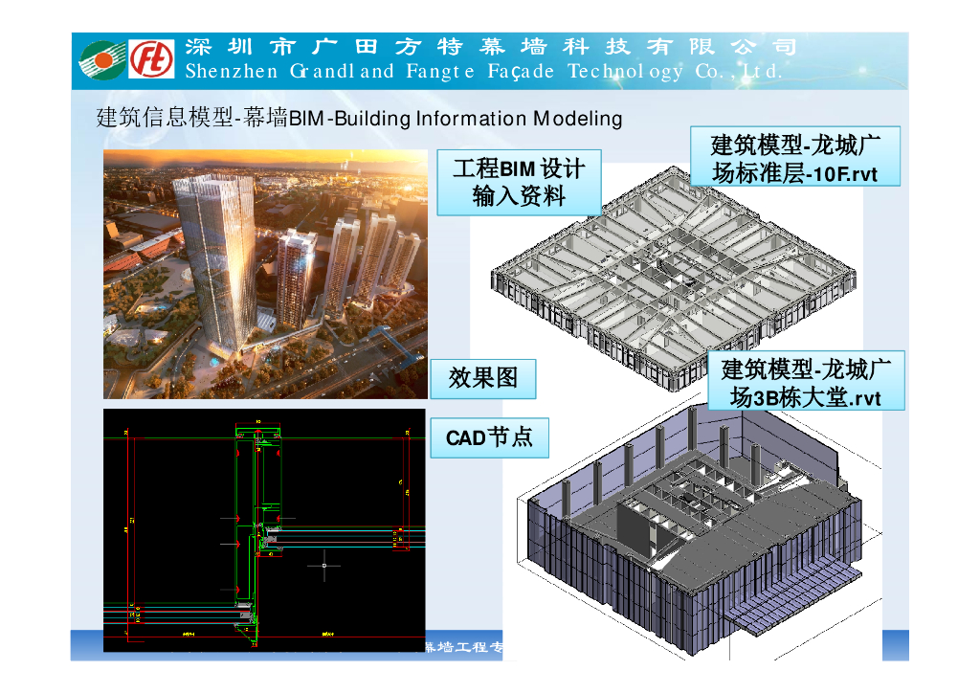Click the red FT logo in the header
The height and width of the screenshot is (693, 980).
coord(152,59)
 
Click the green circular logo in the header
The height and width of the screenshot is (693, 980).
coord(101,59)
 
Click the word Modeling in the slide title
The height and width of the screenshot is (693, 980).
coord(577,119)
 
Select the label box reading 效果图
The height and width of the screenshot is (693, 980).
coord(483,379)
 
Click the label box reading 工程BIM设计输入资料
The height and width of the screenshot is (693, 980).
coord(519,182)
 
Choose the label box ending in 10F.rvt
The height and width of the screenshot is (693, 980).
coord(794,158)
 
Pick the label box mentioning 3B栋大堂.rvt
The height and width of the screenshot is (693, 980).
coord(806,382)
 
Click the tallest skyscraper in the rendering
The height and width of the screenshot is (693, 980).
coord(214,258)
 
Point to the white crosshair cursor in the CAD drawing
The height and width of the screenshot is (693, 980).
coord(324,566)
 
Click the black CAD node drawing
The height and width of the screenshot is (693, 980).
coord(264,530)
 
